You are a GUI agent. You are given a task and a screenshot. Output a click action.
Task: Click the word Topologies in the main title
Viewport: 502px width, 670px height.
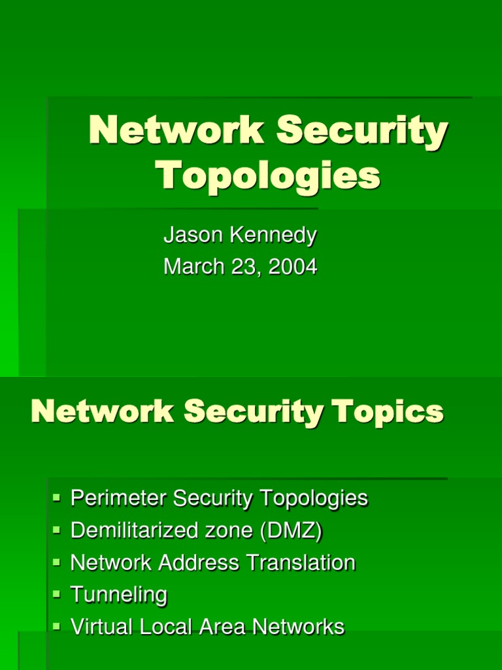pyautogui.click(x=267, y=175)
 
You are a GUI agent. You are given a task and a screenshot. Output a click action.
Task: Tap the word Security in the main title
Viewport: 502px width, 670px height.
pyautogui.click(x=362, y=130)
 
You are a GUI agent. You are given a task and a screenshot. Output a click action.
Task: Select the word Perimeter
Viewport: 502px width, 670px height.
pyautogui.click(x=118, y=499)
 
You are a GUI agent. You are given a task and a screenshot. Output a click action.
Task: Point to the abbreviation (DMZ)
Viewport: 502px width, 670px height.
pyautogui.click(x=291, y=531)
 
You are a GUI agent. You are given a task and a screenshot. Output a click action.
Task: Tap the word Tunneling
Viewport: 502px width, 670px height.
pyautogui.click(x=118, y=595)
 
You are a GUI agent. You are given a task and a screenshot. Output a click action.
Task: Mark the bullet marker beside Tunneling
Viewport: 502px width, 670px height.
pyautogui.click(x=57, y=595)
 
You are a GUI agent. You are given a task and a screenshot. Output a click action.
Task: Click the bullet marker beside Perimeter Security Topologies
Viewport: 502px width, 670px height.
pyautogui.click(x=57, y=499)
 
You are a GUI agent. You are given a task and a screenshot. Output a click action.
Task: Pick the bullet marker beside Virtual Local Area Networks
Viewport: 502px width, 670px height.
pyautogui.click(x=57, y=627)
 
